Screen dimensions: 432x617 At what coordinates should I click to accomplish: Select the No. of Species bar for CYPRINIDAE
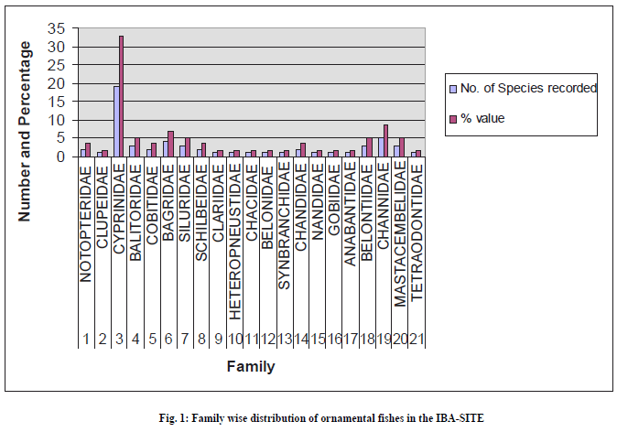click(115, 122)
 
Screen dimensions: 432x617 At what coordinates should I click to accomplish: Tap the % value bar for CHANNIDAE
click(385, 141)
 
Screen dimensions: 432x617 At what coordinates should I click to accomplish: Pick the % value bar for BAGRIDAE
click(170, 145)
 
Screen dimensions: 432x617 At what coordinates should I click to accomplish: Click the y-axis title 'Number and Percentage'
click(27, 131)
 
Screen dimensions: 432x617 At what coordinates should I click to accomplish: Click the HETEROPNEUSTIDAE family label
click(234, 239)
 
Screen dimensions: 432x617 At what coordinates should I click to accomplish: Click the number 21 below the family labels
click(417, 339)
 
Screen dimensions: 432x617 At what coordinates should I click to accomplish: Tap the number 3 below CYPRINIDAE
click(118, 339)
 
